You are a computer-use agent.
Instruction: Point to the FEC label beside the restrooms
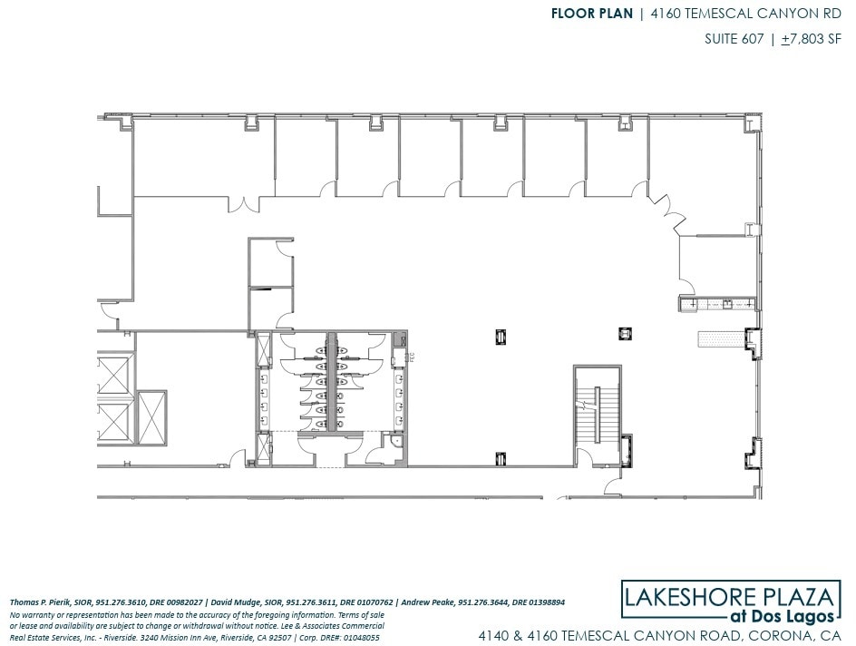coord(411,357)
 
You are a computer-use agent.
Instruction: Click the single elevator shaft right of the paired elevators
coord(151,418)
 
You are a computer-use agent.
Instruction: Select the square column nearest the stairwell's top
coord(624,333)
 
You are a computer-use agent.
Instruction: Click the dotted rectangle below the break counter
coord(719,338)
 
